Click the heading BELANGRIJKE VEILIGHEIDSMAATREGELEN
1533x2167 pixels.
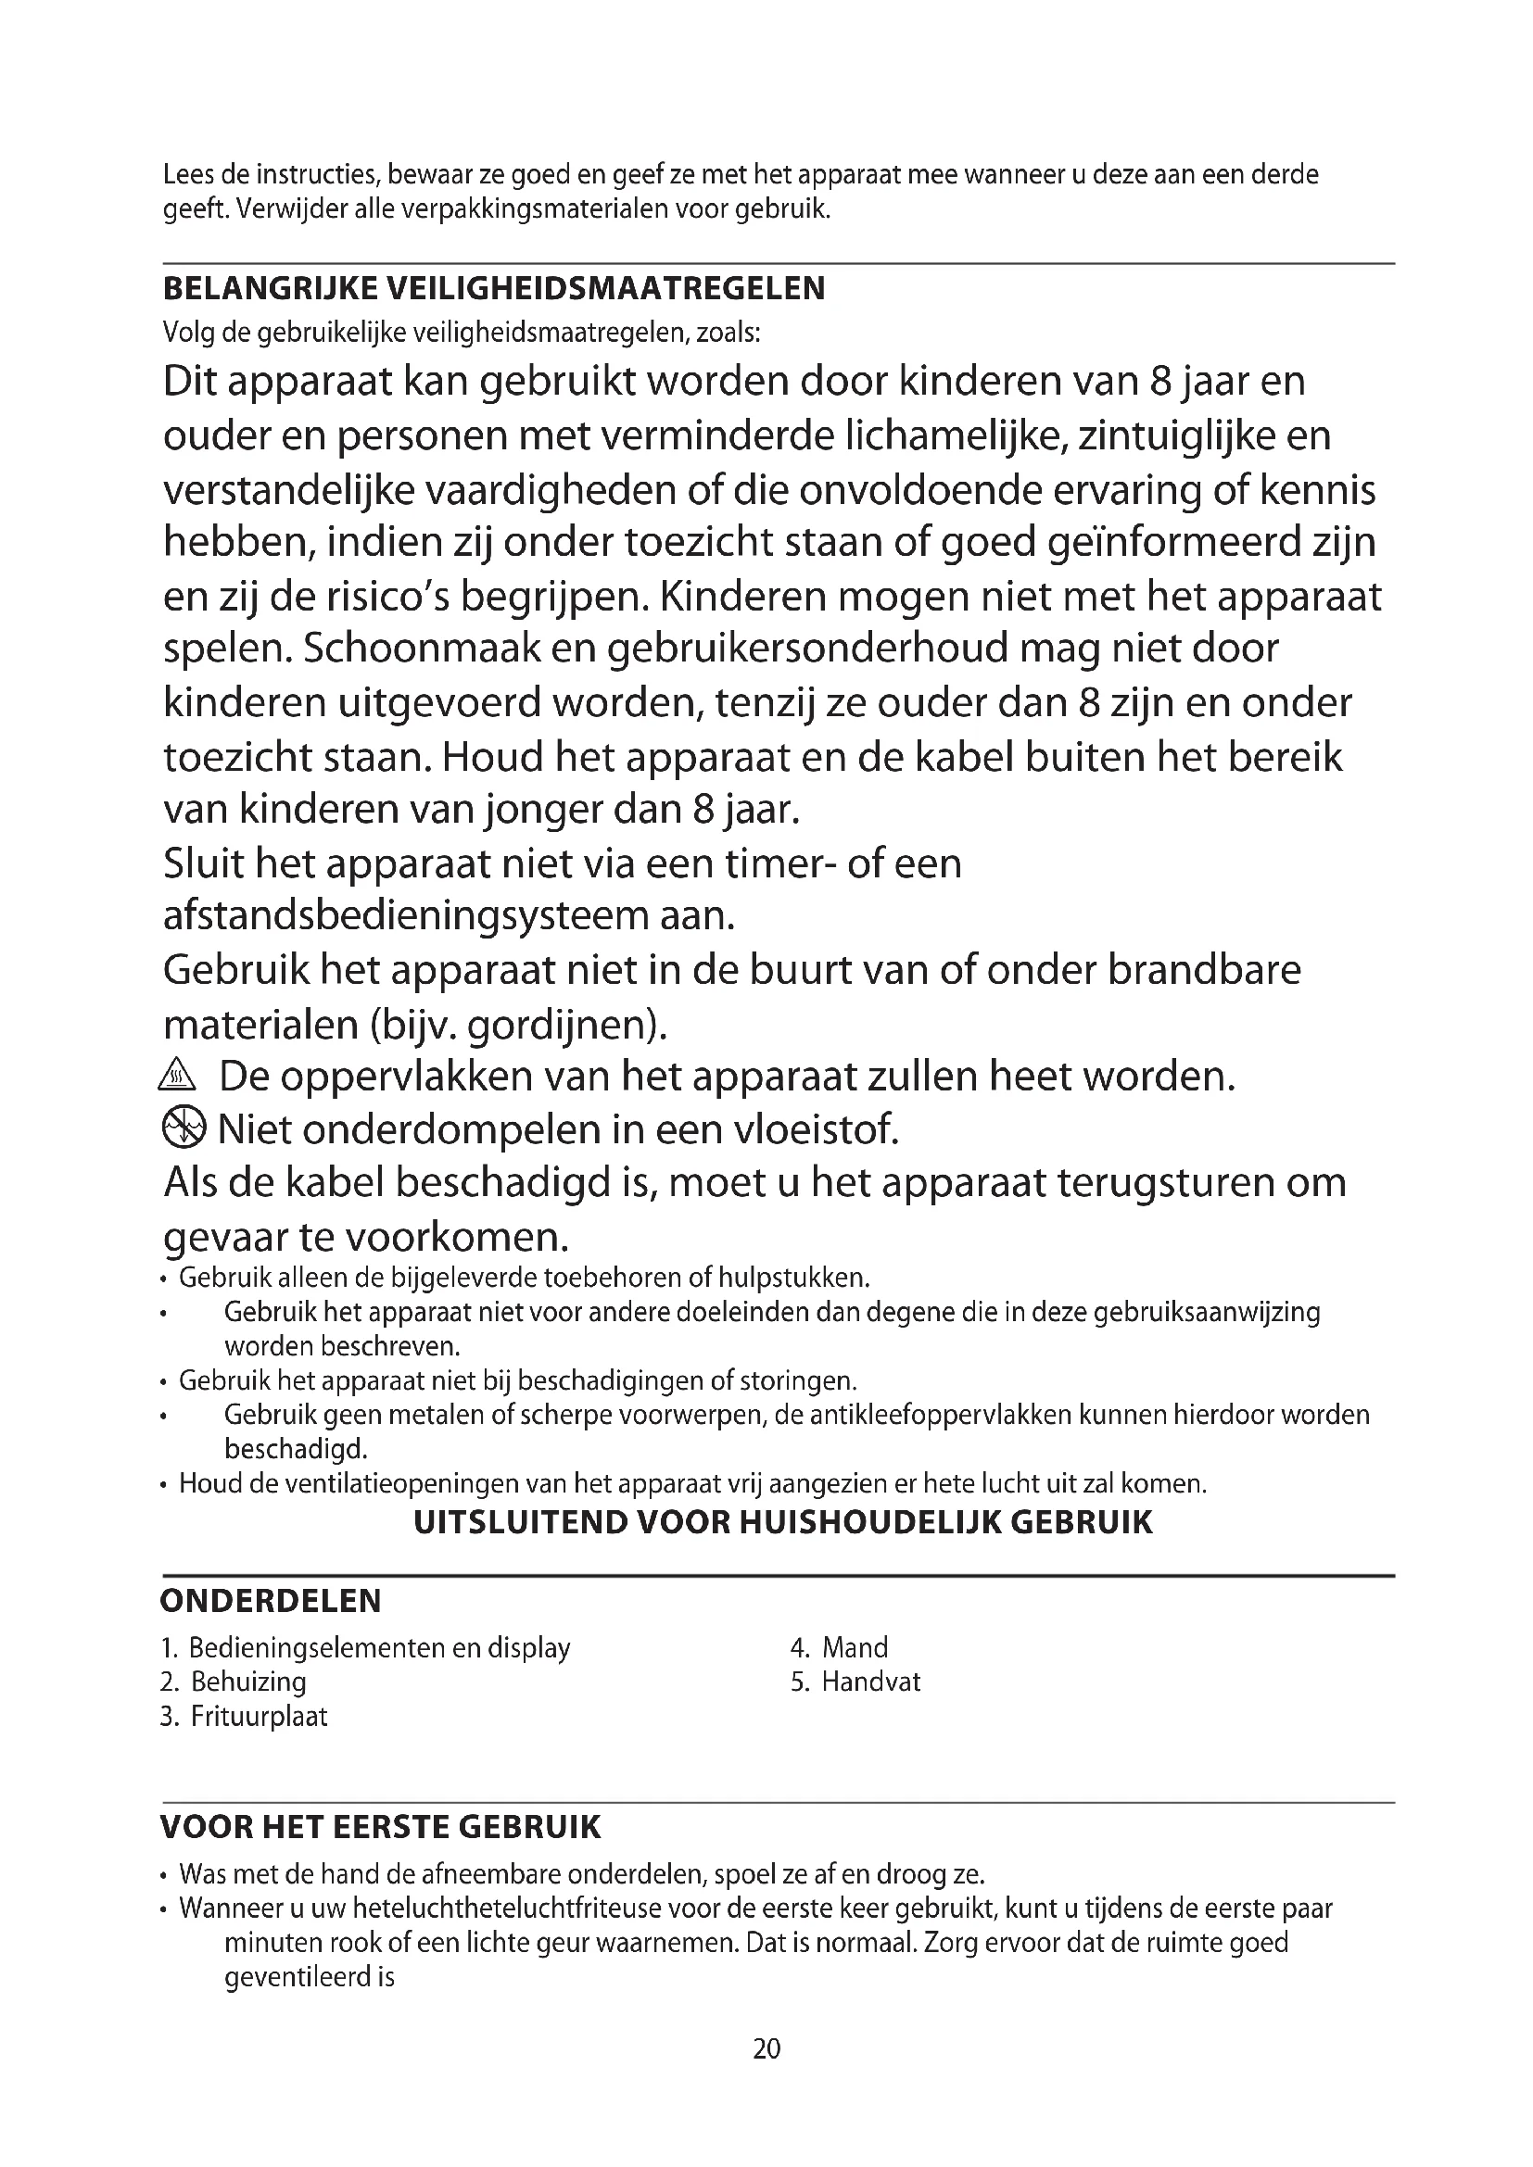tap(494, 288)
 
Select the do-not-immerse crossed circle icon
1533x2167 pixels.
tap(183, 1127)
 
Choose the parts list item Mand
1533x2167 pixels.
tap(855, 1647)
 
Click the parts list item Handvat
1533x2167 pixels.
tap(870, 1681)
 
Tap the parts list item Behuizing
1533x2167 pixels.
tap(248, 1681)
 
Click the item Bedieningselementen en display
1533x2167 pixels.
tap(378, 1647)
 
